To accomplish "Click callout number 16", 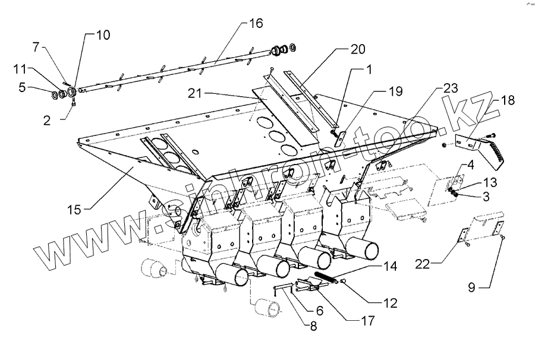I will click(x=255, y=24).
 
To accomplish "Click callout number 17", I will click(x=367, y=321).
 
